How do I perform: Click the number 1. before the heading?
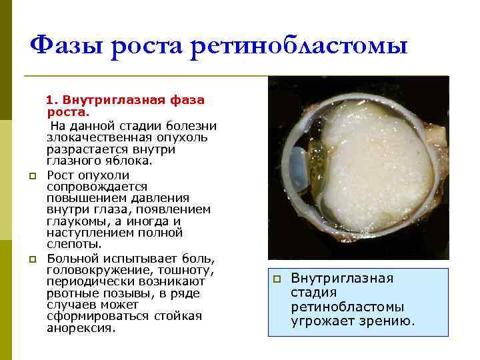tap(52, 101)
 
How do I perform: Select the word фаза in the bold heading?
tap(187, 101)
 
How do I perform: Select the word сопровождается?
tap(97, 187)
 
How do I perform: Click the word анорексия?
tap(81, 328)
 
